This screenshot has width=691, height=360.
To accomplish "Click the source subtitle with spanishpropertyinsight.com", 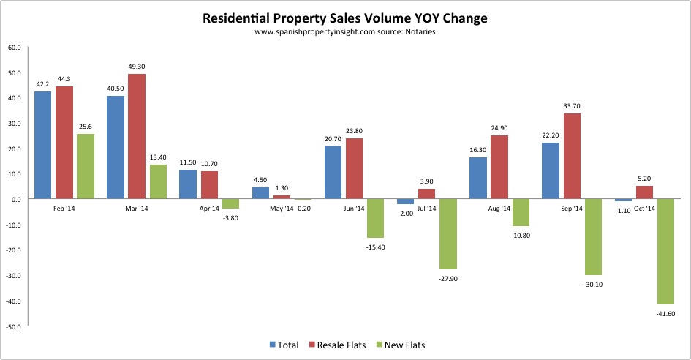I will coord(345,32).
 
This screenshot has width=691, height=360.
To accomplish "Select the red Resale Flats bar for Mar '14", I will coord(136,136).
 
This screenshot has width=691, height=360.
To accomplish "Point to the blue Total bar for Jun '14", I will coord(333,173).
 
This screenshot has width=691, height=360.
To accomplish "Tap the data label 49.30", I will coord(136,66).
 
